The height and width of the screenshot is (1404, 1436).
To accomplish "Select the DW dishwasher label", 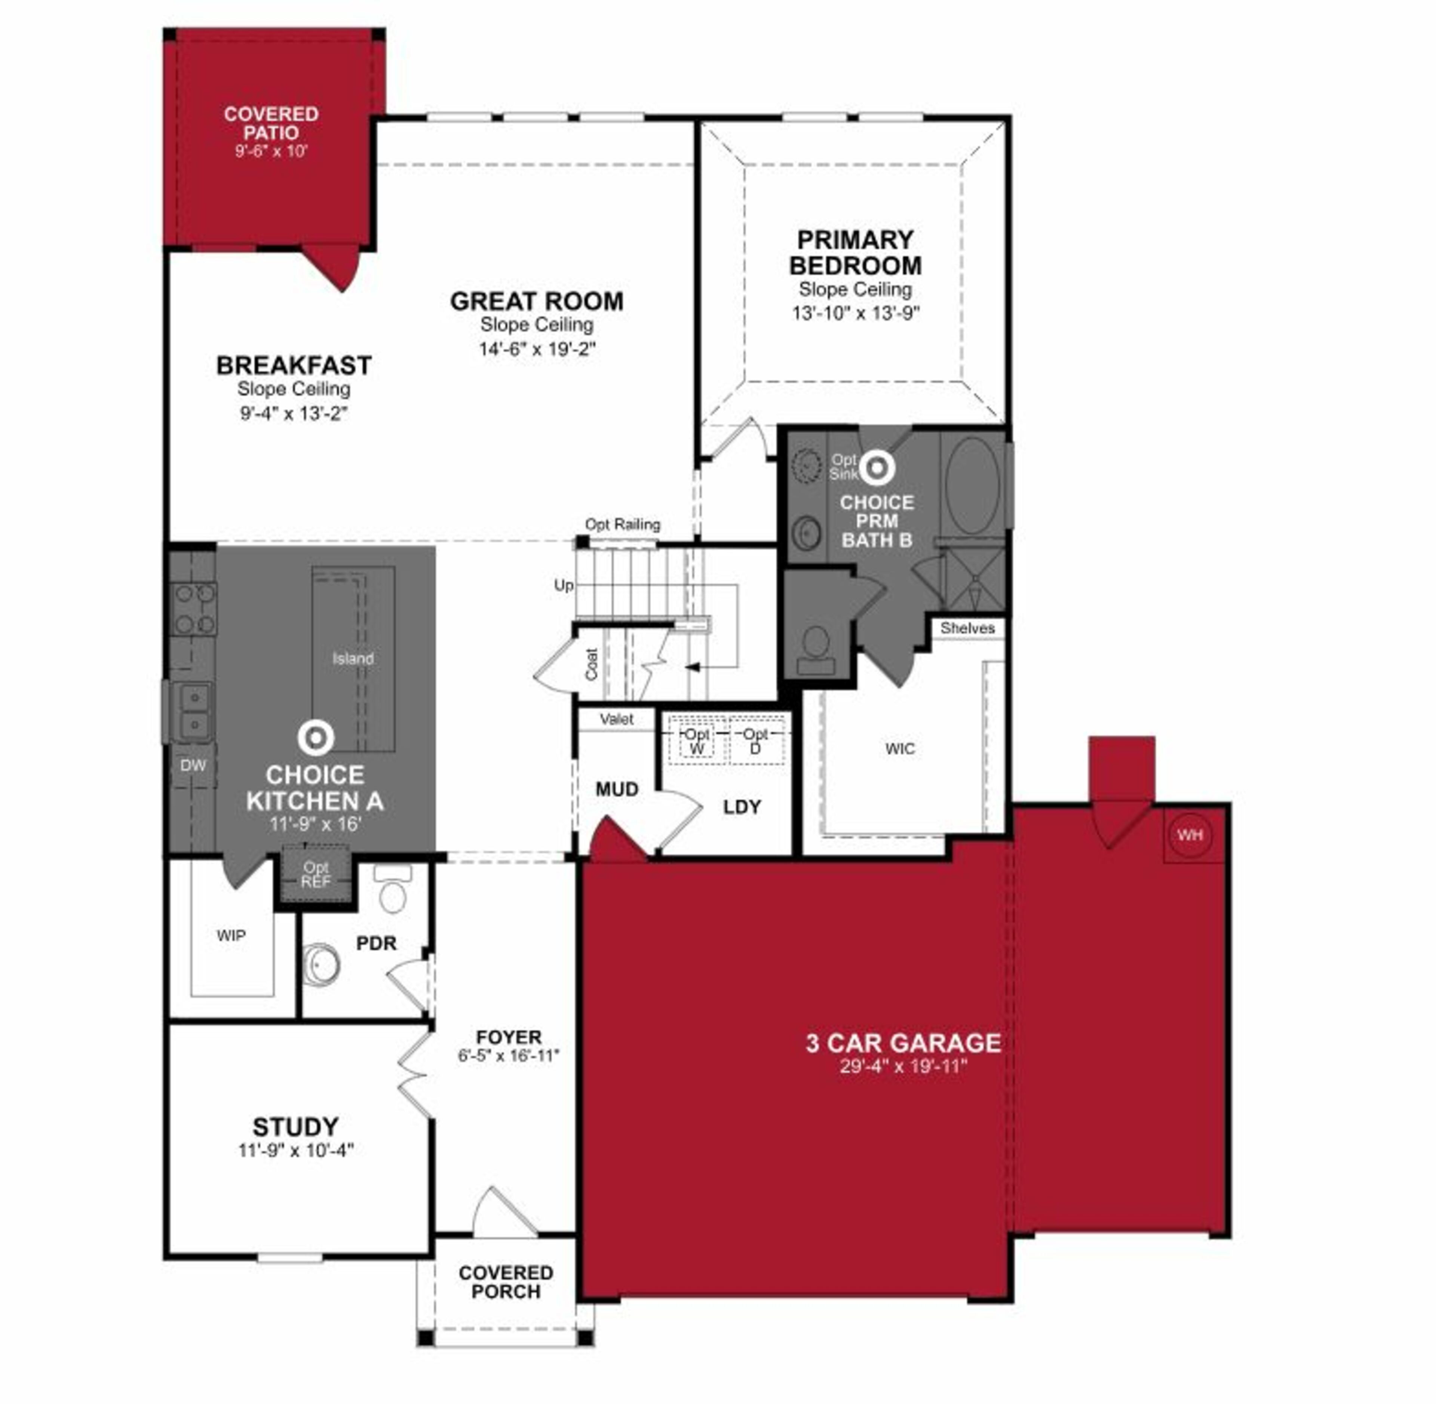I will tap(193, 766).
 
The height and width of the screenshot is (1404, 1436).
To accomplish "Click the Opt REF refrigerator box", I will tap(316, 875).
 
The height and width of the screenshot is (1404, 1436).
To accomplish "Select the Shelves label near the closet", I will tap(967, 628).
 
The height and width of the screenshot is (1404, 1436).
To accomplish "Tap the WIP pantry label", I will tap(231, 936).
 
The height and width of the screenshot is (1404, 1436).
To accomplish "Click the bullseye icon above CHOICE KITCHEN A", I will tap(316, 738).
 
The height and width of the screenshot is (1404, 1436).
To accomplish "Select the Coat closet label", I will tap(592, 663).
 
